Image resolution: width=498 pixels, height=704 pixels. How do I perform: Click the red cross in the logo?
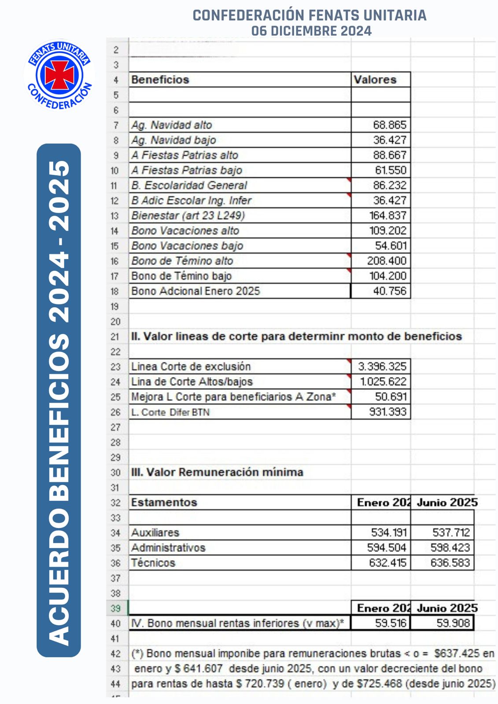pos(59,74)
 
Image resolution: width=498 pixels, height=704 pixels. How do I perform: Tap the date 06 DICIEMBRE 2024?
pos(311,31)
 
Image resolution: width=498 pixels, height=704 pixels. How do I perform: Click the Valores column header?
pos(375,80)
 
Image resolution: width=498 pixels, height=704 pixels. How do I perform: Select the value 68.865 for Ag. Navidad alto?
pos(390,125)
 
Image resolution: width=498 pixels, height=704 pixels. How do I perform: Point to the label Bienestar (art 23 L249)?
pos(188,216)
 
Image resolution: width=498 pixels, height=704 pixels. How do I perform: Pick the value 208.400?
pos(387,261)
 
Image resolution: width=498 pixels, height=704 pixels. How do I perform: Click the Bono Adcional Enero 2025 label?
pos(196,291)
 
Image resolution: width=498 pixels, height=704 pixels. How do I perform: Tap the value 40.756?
pos(390,291)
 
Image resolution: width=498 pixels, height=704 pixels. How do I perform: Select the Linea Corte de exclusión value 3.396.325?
pos(382,367)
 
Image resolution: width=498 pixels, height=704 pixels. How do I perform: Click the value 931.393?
pos(387,412)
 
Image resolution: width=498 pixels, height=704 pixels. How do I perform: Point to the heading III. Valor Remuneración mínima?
pos(217,472)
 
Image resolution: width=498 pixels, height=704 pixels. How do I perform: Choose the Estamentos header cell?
pos(164,502)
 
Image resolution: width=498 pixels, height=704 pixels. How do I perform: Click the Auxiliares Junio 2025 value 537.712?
pos(451,533)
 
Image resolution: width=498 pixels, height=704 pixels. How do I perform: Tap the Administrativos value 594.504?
pos(387,548)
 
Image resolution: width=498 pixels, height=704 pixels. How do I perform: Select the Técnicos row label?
pos(153,563)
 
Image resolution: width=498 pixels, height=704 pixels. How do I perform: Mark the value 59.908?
pos(453,623)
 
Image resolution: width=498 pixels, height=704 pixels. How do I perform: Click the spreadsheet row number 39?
pos(115,608)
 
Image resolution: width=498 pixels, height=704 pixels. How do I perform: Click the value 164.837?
pos(387,216)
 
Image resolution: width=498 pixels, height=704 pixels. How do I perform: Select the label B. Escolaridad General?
pos(189,185)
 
